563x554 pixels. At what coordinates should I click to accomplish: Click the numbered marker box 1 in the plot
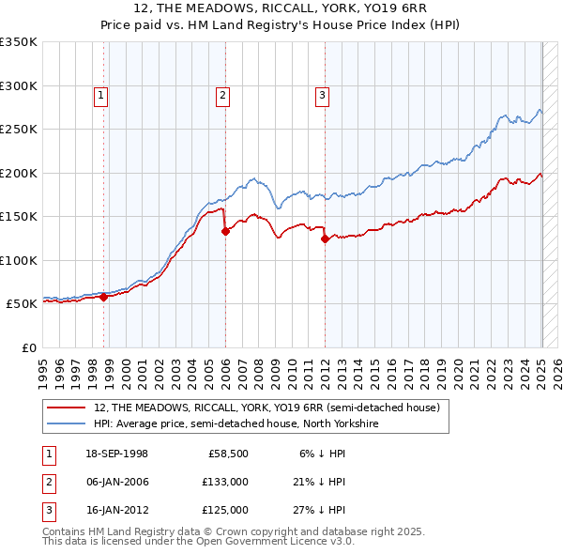pos(100,94)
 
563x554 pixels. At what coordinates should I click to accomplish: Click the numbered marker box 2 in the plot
pos(222,94)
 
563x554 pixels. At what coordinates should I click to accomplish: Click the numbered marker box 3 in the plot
pos(322,94)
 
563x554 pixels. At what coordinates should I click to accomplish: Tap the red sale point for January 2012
pos(325,239)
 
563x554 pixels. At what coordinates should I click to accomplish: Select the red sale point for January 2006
pos(225,231)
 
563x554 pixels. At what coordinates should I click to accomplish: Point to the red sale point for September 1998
pos(104,297)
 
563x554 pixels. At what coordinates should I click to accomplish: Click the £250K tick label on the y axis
pos(19,129)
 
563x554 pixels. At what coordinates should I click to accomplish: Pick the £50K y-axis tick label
pos(23,304)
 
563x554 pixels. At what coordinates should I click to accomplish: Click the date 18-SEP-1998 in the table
pos(116,454)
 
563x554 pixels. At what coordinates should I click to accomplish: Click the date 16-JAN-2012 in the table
pos(116,510)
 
